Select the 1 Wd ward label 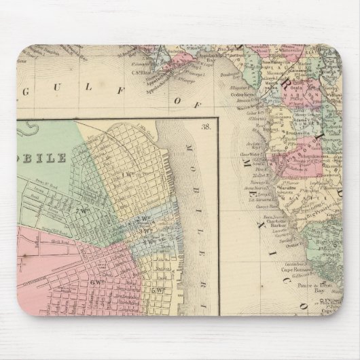[126, 177]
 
